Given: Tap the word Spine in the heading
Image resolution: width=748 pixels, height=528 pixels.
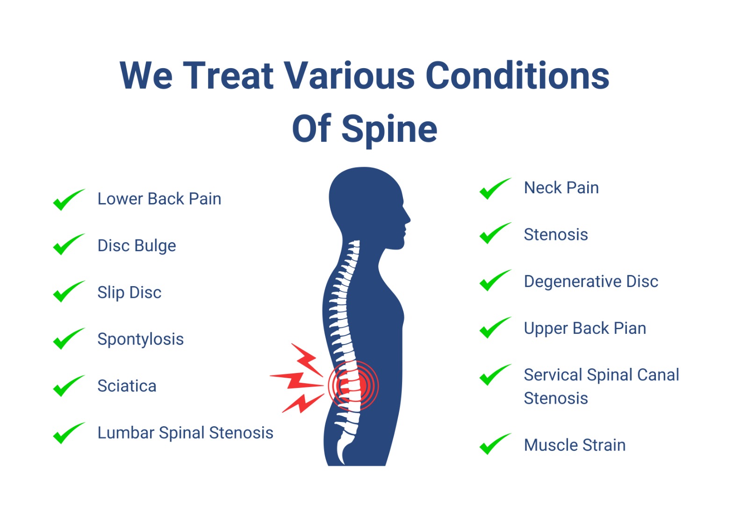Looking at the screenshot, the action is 389,129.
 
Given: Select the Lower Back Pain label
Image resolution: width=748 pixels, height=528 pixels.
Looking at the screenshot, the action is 159,199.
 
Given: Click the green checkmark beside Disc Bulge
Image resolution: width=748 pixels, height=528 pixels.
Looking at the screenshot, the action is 69,244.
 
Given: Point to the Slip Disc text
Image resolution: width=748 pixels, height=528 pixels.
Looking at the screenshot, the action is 129,293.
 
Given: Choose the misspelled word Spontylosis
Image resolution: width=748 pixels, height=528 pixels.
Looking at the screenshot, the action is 141,339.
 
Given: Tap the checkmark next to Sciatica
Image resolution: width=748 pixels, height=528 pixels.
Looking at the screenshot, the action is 69,386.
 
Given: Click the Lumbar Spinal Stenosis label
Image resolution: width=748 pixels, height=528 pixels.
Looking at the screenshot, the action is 185,433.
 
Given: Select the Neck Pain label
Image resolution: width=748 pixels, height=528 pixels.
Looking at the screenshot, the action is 561,188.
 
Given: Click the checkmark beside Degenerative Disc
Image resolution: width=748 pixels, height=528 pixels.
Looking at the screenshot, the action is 495,280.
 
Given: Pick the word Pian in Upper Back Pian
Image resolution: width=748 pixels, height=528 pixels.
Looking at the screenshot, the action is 630,328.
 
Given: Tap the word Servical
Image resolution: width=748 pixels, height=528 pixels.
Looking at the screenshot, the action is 553,375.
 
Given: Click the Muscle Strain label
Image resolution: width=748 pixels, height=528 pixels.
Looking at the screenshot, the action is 575,445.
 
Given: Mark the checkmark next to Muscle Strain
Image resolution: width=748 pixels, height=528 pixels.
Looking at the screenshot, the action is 495,444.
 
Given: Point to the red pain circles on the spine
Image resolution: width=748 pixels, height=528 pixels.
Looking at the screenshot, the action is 353,386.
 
